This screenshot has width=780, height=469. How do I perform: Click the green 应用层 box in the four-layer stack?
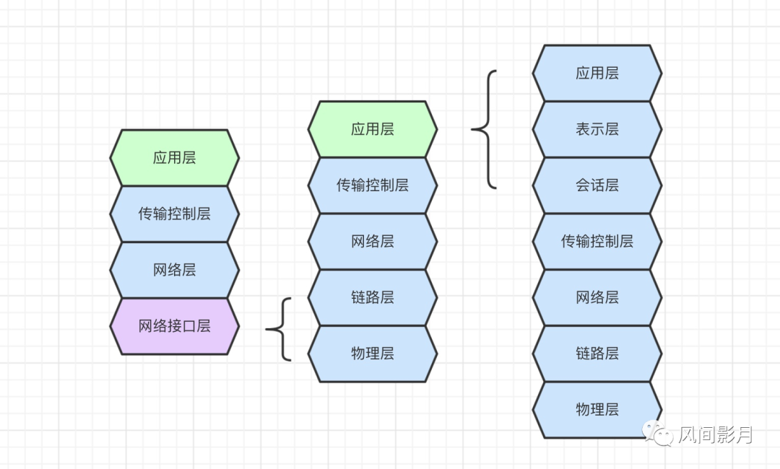coord(174,157)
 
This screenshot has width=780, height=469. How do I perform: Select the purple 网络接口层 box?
coord(174,325)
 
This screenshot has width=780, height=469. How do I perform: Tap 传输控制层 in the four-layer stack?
coord(174,214)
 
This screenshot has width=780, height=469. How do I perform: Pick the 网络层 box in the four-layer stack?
coord(174,270)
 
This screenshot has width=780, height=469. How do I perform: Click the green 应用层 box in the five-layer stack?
coord(372,129)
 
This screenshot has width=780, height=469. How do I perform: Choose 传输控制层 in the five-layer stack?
coord(372,185)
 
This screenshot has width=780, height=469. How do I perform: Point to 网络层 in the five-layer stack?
coord(372,241)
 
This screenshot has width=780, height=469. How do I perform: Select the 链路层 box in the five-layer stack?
coord(372,297)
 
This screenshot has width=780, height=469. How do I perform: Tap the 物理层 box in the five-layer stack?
coord(372,354)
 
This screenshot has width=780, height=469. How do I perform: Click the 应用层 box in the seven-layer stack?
coord(597,73)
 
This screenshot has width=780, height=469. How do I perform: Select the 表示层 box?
coord(597,129)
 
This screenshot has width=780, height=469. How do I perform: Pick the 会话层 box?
coord(597,185)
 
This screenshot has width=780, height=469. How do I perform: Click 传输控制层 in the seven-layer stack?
coord(597,241)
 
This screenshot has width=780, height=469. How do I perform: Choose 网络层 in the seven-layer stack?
coord(597,297)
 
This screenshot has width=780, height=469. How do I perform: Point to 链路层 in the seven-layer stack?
coord(597,354)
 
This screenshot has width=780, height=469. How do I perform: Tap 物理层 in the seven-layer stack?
coord(597,409)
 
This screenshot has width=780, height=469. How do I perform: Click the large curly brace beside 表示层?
coord(485,129)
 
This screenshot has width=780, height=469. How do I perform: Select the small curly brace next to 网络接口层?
coord(280,329)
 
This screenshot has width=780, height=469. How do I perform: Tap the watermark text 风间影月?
coord(716,434)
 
